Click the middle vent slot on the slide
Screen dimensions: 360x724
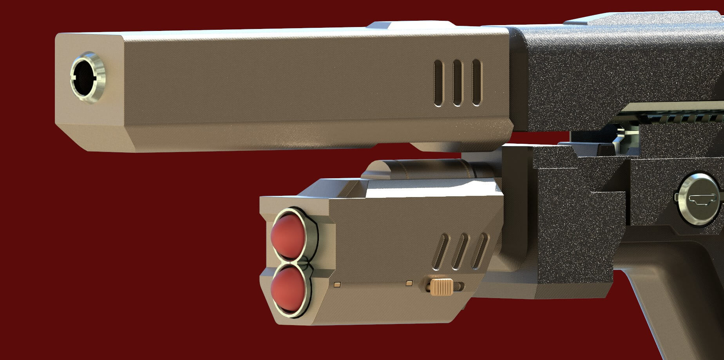pyautogui.click(x=457, y=83)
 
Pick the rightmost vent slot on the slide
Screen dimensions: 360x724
pyautogui.click(x=476, y=83)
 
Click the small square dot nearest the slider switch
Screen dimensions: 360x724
pyautogui.click(x=410, y=282)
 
